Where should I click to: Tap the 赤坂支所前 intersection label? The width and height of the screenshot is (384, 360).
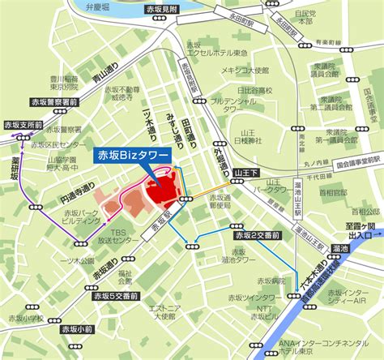tap(22, 126)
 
